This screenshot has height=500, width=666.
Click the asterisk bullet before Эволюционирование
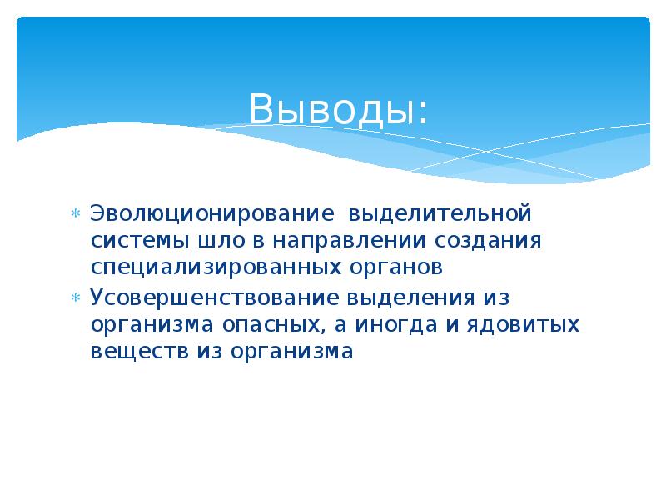tap(75, 214)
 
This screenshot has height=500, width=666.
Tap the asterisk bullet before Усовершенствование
tap(75, 297)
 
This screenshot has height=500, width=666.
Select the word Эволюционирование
tap(211, 213)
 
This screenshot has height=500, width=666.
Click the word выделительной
tap(439, 213)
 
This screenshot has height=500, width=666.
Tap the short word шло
tap(221, 241)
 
